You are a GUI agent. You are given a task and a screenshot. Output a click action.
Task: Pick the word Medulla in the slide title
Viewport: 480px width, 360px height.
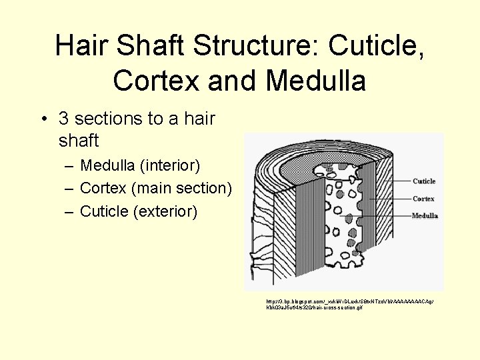(315, 81)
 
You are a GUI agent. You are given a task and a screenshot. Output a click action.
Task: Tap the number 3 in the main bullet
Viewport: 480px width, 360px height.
(64, 119)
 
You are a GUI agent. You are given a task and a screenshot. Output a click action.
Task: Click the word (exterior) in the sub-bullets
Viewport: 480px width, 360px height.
(165, 211)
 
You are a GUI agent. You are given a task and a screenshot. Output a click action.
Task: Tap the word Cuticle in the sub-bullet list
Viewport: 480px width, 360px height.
(104, 211)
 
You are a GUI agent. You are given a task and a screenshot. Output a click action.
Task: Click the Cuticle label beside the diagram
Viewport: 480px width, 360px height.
(424, 181)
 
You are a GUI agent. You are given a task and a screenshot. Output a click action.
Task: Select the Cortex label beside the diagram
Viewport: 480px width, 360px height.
(423, 199)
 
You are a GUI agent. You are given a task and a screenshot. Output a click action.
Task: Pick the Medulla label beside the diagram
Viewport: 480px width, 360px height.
(425, 216)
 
